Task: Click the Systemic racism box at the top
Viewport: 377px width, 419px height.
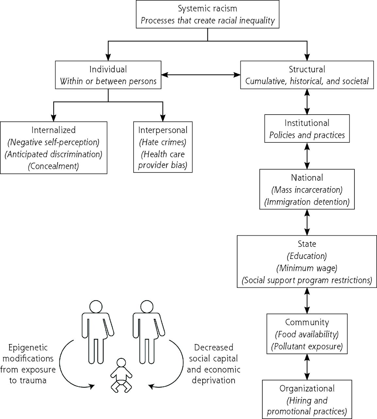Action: (207, 14)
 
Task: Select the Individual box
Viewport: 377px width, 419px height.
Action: (108, 75)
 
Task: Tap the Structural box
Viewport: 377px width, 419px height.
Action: (307, 75)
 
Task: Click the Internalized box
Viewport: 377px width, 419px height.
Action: (54, 148)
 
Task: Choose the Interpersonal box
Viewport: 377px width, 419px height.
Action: (163, 147)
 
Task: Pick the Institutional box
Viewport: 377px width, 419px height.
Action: (307, 128)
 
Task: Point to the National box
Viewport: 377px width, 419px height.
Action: (307, 189)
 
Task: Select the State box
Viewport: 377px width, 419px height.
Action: (307, 262)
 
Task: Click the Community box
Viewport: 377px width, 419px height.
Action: (307, 334)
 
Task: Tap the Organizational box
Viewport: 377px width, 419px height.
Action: (307, 399)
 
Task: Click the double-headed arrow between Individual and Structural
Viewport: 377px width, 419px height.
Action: (201, 75)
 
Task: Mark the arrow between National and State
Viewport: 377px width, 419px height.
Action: (307, 223)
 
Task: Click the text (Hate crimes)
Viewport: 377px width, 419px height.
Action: (163, 142)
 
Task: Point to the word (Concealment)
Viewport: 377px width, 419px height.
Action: (54, 166)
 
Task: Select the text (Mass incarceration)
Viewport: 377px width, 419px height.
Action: (307, 190)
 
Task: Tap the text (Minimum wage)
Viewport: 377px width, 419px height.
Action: (307, 268)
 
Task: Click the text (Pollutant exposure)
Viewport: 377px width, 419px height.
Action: (307, 346)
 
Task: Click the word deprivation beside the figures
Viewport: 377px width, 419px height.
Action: (214, 380)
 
